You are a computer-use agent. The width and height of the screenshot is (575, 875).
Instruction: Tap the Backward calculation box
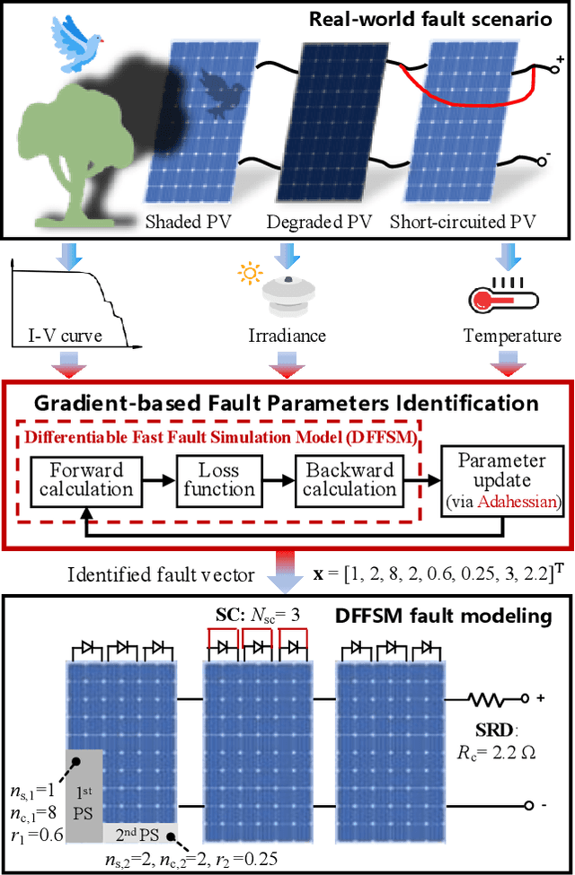350,479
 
